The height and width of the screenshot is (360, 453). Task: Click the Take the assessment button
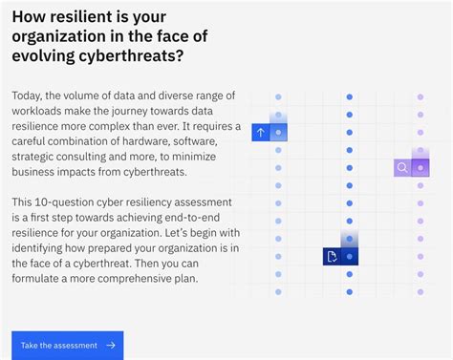point(67,345)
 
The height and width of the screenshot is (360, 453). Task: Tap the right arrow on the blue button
point(111,345)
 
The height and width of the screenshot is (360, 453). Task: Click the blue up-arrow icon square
point(261,133)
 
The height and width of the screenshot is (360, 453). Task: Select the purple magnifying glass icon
point(402,167)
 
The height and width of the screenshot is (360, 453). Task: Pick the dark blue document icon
point(332,256)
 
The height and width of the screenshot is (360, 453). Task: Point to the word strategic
point(39,157)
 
